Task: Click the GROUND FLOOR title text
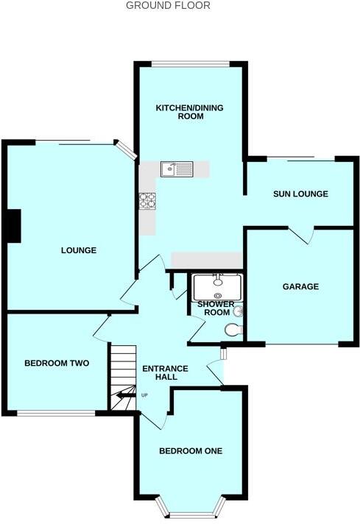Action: pos(168,6)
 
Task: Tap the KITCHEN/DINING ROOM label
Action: pos(189,112)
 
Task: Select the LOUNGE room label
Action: pos(79,250)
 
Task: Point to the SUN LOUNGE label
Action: pos(300,194)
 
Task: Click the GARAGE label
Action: pos(300,286)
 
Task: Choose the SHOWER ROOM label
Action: pos(216,308)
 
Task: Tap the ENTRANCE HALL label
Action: pos(165,373)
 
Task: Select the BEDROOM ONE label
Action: pos(191,451)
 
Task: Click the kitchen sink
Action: pos(177,170)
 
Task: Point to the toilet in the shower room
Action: pos(235,329)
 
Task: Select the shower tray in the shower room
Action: pos(216,283)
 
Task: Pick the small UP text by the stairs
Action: pos(144,397)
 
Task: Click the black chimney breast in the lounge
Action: pos(13,225)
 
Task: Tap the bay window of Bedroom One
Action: pos(190,509)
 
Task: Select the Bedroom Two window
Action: pos(56,413)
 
